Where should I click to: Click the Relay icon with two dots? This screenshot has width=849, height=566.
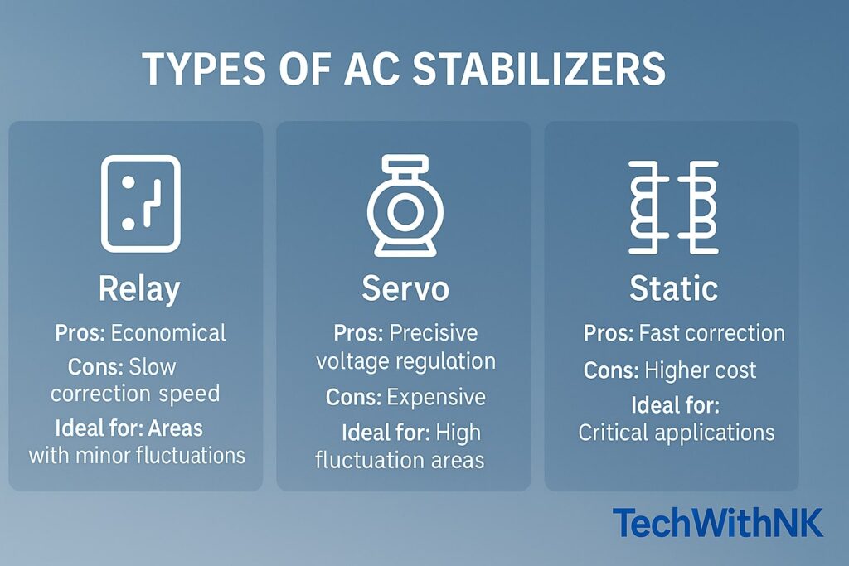point(140,203)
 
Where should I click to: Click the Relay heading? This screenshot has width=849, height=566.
point(139,289)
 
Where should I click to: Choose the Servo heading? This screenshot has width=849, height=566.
point(405,289)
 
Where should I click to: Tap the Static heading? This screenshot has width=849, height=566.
point(673,289)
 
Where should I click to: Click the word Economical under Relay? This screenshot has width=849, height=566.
point(168,333)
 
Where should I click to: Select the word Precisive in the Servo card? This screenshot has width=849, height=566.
point(434,333)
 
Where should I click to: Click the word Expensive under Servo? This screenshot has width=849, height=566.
point(436,397)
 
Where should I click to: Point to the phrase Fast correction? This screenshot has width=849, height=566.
point(711,333)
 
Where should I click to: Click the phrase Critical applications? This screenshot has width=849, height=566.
point(676,432)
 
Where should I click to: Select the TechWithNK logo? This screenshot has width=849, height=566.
point(718,523)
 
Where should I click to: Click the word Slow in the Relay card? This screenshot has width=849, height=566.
point(153,365)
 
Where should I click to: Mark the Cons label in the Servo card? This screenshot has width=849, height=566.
point(353,397)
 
